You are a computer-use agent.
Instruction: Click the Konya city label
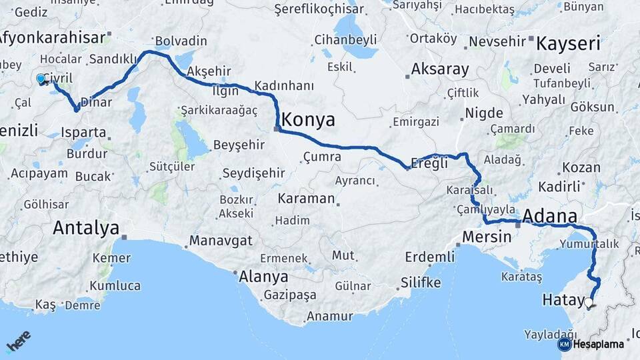[308, 120]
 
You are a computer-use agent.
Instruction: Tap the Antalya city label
[85, 228]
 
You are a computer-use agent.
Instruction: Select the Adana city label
[550, 217]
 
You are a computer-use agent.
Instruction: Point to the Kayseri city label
[568, 45]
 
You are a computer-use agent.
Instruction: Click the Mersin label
[486, 237]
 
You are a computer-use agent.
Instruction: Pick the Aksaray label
[440, 69]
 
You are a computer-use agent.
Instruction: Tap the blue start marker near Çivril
[41, 79]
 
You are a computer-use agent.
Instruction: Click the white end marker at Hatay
[588, 303]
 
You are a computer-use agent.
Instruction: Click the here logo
[19, 341]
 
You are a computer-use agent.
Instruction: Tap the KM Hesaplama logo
[591, 344]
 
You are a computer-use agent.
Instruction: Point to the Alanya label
[263, 277]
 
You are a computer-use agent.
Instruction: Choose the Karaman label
[306, 199]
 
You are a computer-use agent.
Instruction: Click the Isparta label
[83, 132]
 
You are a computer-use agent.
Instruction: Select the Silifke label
[420, 283]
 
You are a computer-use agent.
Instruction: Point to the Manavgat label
[221, 240]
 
